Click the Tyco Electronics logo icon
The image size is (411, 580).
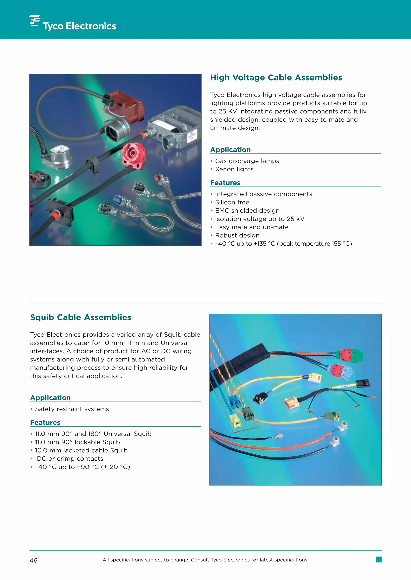(x=35, y=20)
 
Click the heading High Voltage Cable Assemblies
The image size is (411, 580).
(x=276, y=78)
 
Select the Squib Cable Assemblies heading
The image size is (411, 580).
(x=80, y=317)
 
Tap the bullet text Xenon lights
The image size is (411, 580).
(x=234, y=169)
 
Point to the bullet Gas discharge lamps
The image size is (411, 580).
(x=247, y=161)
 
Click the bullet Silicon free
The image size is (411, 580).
(x=232, y=202)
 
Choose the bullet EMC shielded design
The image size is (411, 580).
(x=247, y=211)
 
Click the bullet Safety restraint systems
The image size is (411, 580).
(x=72, y=409)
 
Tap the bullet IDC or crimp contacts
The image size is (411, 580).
(x=69, y=458)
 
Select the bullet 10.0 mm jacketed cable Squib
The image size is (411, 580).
(x=81, y=450)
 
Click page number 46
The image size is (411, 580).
(x=33, y=561)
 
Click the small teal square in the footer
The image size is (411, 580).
(x=378, y=559)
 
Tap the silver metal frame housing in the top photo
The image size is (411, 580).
(x=175, y=126)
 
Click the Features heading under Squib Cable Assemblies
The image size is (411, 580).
(x=45, y=423)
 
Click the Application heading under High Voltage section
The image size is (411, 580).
(x=230, y=150)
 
